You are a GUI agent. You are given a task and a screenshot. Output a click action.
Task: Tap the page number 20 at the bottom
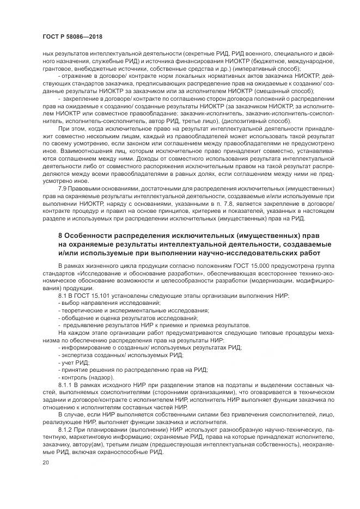(x=45, y=462)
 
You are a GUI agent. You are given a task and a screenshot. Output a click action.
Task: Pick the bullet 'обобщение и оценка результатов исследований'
(x=114, y=318)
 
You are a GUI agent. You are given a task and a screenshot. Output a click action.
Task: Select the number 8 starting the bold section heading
(x=60, y=235)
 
